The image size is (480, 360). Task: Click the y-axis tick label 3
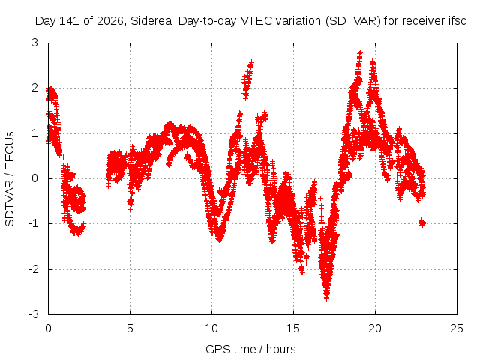coord(35,43)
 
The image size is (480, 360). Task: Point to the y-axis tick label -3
coord(33,314)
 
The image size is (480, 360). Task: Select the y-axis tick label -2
coord(33,269)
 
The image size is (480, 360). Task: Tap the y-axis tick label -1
coord(33,223)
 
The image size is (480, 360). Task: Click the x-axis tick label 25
coord(457,328)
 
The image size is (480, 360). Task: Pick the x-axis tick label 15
coord(293,328)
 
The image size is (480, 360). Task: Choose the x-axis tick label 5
coord(130,328)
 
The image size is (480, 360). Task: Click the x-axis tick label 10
coord(211,328)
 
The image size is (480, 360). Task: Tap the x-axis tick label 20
coord(375,328)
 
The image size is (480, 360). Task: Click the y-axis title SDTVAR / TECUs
coord(10,179)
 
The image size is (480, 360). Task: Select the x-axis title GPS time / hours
coord(250,349)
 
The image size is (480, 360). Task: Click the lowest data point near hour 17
coord(327,298)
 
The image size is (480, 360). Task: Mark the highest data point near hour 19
coord(360,53)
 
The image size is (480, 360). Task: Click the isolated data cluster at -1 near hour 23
coord(422,223)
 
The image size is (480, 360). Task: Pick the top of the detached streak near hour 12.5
coord(251,62)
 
